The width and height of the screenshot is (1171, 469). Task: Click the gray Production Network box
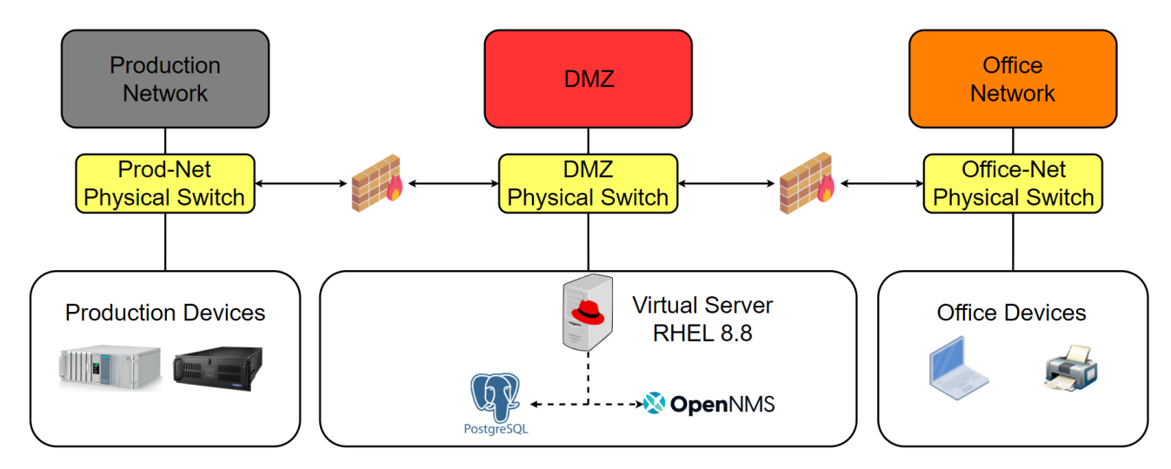[x=165, y=79]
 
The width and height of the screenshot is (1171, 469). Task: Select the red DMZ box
[x=588, y=79]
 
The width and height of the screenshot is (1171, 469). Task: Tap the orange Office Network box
[x=1012, y=79]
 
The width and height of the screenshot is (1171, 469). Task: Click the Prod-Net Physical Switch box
[x=165, y=183]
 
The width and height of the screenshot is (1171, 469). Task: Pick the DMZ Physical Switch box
[x=588, y=183]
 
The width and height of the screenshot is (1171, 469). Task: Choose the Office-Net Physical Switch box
[x=1013, y=183]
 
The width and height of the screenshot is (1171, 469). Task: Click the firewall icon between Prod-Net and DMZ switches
[x=376, y=183]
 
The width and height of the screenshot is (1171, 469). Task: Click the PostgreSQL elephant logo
[x=496, y=399]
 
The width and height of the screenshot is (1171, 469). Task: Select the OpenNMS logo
[x=709, y=404]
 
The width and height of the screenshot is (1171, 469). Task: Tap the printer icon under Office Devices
[x=1070, y=368]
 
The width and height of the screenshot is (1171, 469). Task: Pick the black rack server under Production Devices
[x=217, y=367]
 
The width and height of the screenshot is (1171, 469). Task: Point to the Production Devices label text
[x=165, y=313]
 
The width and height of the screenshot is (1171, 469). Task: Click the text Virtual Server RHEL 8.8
[x=702, y=319]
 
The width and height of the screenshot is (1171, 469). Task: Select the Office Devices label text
[x=1012, y=313]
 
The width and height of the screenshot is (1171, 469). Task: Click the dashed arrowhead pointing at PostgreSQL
[x=535, y=404]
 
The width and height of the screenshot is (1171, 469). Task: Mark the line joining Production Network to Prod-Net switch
[x=165, y=141]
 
